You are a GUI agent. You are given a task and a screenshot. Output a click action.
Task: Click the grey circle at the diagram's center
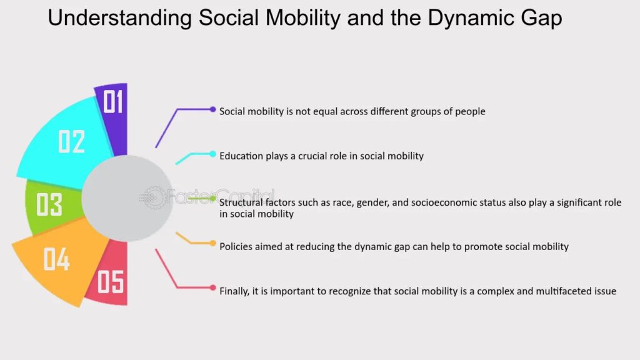[127, 198]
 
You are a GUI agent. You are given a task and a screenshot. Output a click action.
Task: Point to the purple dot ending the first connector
[212, 109]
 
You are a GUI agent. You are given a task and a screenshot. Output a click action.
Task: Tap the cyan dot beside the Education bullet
[212, 154]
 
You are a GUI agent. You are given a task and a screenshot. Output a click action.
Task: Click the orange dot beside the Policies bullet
[212, 243]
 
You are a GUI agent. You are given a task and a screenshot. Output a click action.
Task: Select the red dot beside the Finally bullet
[212, 287]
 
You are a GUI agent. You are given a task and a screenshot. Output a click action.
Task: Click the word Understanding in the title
[119, 18]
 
